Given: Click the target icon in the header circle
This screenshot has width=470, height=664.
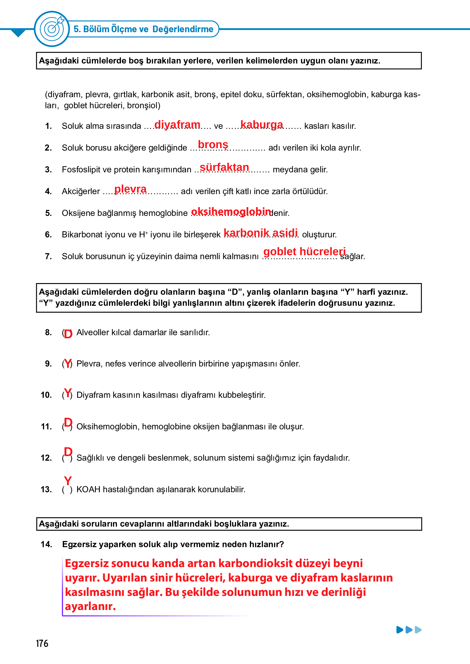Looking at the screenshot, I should coord(52,29).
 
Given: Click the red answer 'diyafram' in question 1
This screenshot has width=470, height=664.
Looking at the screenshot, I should coord(177,125).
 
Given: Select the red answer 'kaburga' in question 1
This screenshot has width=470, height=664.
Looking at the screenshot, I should coord(262,125).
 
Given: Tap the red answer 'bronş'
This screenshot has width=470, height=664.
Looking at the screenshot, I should coord(213,144).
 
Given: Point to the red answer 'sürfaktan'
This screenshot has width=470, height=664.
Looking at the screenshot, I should coord(224,167).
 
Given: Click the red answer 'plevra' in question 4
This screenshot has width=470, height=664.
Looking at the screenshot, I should coord(130,189).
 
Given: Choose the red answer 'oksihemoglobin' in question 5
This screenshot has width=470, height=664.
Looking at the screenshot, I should coord(231,212).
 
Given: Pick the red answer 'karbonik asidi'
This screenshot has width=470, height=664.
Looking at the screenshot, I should coord(261,233).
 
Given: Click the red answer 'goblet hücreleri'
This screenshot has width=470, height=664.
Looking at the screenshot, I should coord(305,251).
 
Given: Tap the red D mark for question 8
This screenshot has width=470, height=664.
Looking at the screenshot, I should coord(68,334).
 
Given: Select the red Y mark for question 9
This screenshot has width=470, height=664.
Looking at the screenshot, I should coord(68,363).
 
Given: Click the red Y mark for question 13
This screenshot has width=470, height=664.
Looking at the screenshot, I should coord(68,480).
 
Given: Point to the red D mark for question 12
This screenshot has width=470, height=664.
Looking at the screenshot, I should coord(68,452).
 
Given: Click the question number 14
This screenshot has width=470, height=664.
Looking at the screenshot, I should coord(46,544).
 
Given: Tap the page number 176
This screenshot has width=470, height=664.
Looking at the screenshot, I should coord(42,643).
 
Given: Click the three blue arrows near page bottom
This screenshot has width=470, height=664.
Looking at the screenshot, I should coord(409,630).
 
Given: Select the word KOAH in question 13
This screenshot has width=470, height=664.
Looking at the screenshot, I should coord(88,489).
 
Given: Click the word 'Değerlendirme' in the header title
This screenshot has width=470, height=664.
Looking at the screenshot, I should coord(183,29).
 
